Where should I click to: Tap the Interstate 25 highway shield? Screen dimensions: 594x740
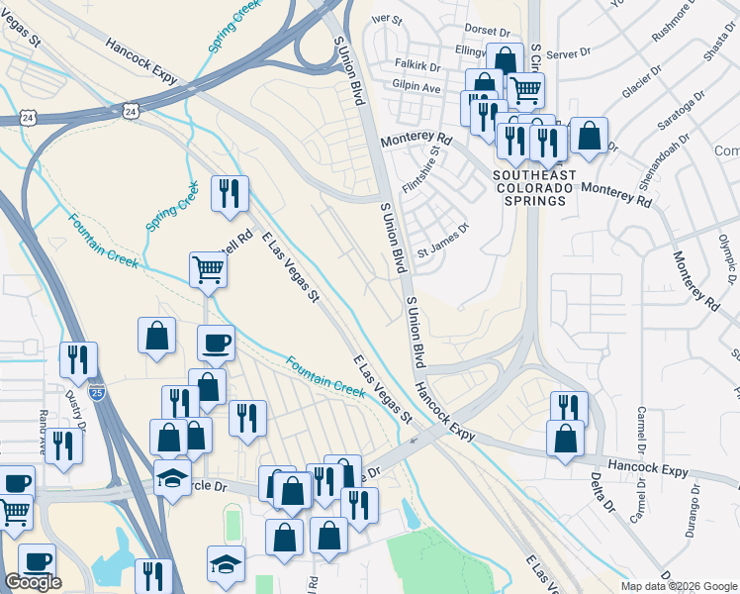(x=97, y=393)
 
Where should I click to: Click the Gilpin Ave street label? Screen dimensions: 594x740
(x=416, y=87)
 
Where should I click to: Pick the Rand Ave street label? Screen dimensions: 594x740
(x=43, y=432)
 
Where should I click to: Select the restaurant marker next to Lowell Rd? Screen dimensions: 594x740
(x=230, y=193)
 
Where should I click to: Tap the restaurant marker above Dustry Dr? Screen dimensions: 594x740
(x=78, y=359)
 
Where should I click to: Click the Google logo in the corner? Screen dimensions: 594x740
(x=33, y=582)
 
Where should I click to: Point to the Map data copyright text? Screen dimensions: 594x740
(x=679, y=586)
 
